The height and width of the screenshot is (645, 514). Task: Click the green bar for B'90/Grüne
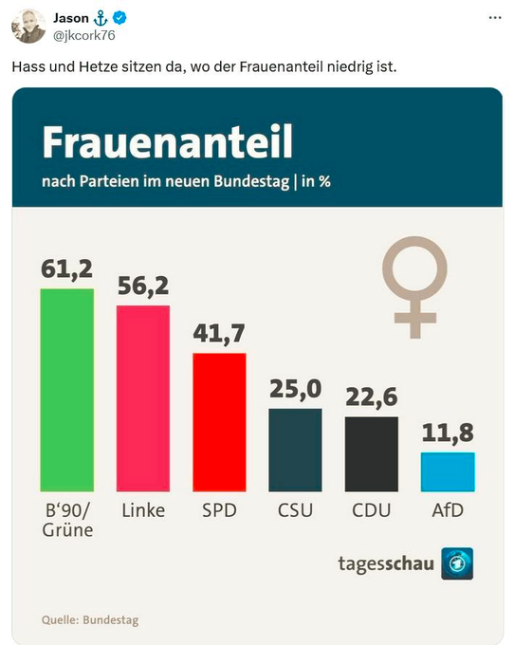click(x=66, y=390)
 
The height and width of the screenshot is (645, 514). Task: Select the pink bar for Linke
click(x=143, y=398)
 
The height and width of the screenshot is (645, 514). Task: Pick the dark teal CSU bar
click(x=295, y=450)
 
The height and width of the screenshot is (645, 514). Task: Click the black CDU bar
click(x=371, y=453)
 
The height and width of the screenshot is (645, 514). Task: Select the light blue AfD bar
click(x=448, y=471)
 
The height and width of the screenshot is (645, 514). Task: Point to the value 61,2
click(x=66, y=269)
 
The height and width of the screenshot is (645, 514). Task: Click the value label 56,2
click(x=143, y=286)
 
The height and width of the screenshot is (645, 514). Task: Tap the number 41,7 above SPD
click(x=219, y=334)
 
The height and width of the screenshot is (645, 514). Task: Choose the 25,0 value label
click(x=295, y=390)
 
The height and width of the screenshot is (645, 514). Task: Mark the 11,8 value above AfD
click(x=448, y=433)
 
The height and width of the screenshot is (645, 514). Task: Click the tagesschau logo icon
click(x=457, y=563)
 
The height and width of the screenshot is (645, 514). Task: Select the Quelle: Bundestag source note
click(x=90, y=620)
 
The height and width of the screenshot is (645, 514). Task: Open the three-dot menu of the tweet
click(x=494, y=18)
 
